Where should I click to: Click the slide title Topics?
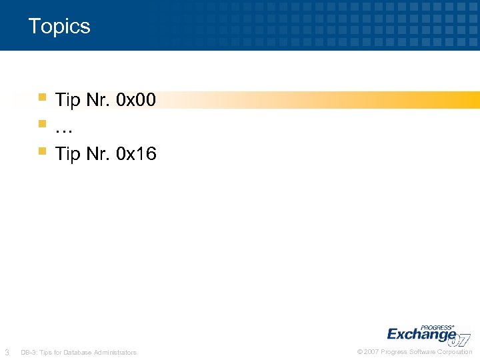click(59, 27)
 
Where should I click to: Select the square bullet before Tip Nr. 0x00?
click(42, 97)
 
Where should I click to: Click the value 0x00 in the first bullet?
click(136, 100)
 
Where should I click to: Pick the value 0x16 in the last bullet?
click(136, 154)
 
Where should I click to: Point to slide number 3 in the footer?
click(7, 352)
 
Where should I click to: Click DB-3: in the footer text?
click(29, 352)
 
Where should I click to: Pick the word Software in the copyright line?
click(424, 351)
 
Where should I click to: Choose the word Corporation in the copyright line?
click(455, 351)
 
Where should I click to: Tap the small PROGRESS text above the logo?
click(438, 321)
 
